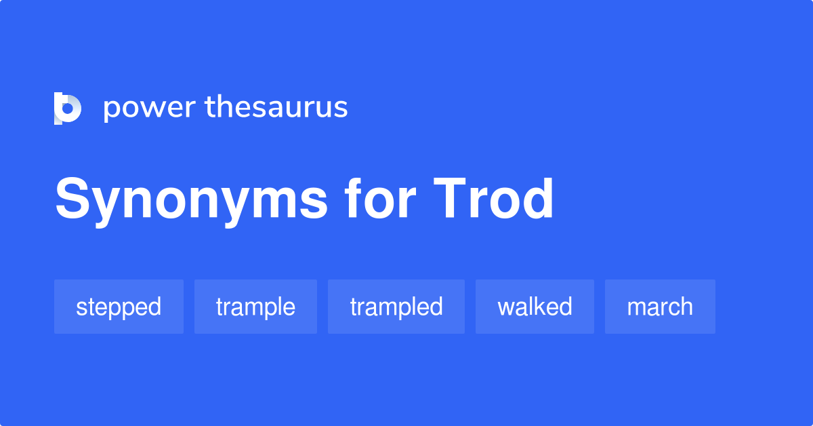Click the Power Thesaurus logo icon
67,109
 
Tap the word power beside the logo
149,109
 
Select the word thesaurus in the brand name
276,107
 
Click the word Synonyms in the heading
192,201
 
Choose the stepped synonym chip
119,307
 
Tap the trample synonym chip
255,307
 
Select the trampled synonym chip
396,307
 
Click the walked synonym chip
535,307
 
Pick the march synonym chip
660,307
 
